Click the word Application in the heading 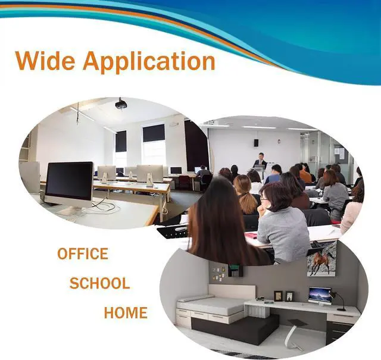click(149, 62)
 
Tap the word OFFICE click(83, 253)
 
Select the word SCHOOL click(99, 283)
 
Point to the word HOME click(126, 312)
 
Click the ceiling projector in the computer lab click(121, 104)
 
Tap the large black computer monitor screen click(69, 181)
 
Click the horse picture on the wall click(322, 259)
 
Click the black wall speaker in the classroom click(256, 143)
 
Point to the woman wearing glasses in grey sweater click(282, 223)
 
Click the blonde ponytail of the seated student click(248, 203)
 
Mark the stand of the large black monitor click(71, 211)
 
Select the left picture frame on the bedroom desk click(279, 296)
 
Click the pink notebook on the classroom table click(252, 235)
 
